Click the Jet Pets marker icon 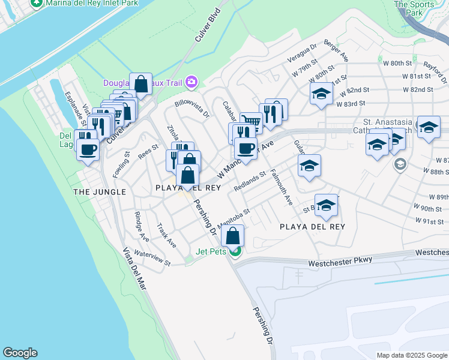click(x=236, y=251)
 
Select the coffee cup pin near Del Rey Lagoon click(x=88, y=149)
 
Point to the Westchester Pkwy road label click(x=340, y=262)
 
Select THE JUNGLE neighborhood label click(x=100, y=192)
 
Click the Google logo click(x=20, y=353)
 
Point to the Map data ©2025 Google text click(x=412, y=355)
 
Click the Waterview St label click(x=152, y=258)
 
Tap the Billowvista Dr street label click(x=192, y=108)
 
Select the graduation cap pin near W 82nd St click(x=321, y=94)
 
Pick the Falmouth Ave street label click(x=281, y=187)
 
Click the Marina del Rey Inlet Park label click(x=88, y=3)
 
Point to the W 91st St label click(x=432, y=221)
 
